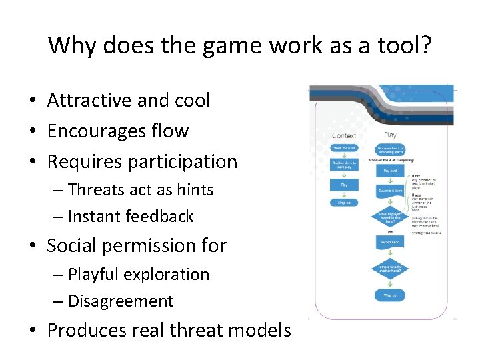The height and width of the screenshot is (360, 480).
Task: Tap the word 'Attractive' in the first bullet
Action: tap(89, 100)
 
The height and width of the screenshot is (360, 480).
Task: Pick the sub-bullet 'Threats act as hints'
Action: tap(141, 190)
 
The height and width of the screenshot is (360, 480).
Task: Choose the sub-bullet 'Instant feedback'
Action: tap(131, 217)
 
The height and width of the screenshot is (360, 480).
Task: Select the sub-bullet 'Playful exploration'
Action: tap(139, 275)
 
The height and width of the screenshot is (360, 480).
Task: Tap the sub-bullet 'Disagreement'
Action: tap(121, 301)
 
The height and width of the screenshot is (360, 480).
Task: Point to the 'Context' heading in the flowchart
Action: tap(344, 135)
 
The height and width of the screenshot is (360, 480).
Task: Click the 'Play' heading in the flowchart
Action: tap(390, 135)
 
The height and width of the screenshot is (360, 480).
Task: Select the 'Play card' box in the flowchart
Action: tap(390, 170)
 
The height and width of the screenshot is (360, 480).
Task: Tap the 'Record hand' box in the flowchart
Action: tap(390, 243)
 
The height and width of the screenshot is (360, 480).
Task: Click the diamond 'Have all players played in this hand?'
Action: tap(390, 216)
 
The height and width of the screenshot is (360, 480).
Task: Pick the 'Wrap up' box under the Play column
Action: tap(390, 295)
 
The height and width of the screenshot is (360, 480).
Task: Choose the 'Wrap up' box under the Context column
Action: tap(344, 202)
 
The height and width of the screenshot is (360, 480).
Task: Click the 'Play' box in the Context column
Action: tap(344, 184)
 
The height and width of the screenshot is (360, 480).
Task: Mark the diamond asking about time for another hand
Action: tap(390, 269)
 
